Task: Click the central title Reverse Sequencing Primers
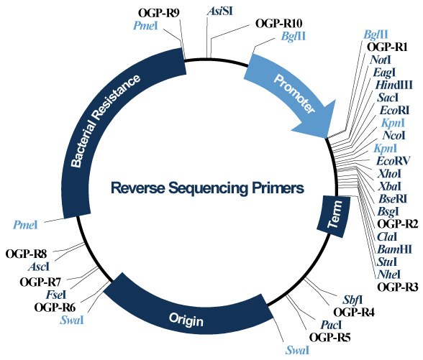tap(208, 188)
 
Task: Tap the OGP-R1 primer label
tap(388, 47)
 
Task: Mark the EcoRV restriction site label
tap(393, 160)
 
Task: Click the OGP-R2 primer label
tap(393, 223)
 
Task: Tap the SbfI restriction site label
tap(350, 298)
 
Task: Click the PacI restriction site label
tap(330, 324)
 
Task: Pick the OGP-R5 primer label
tap(329, 336)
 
